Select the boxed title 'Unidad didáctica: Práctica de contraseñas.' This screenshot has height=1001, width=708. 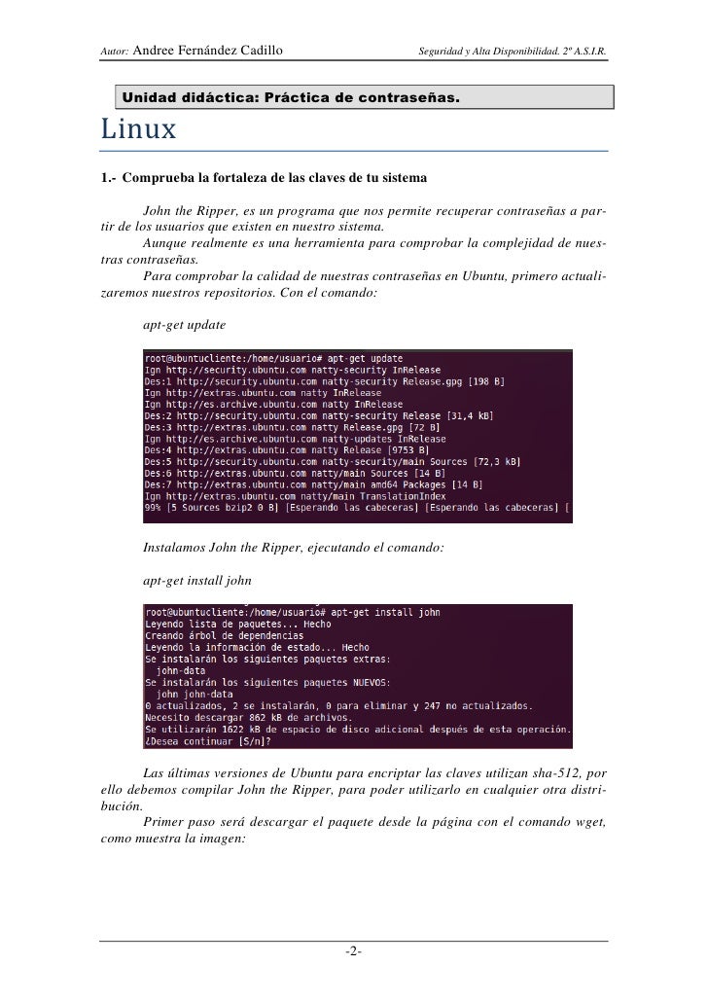point(290,99)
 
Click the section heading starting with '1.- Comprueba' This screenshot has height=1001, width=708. point(263,180)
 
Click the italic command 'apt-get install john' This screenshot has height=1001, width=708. point(196,580)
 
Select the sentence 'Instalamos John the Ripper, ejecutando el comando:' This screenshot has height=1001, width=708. point(293,549)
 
